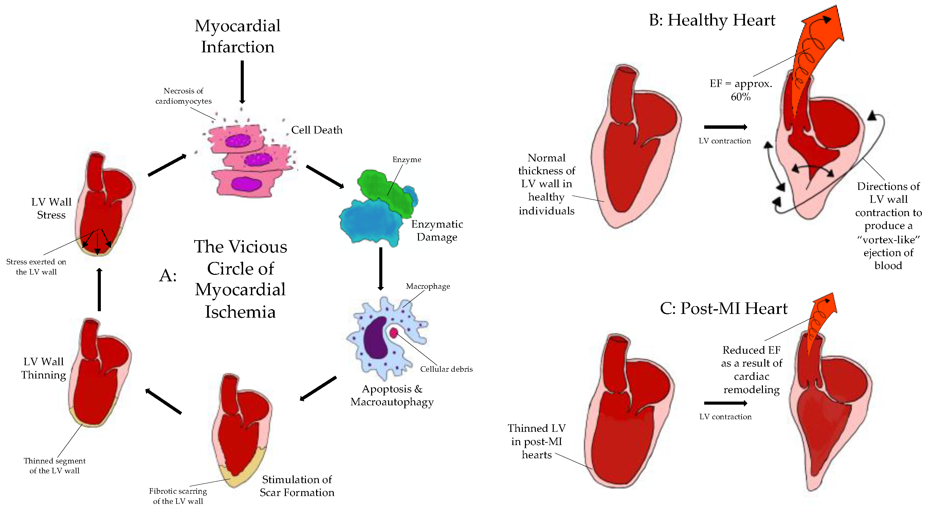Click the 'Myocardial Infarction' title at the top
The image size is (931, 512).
coord(237,36)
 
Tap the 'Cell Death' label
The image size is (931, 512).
coord(316,130)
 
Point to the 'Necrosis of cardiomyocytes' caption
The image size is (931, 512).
coord(183,96)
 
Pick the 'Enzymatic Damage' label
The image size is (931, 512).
coord(437,230)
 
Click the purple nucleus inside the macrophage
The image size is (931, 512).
coord(376,338)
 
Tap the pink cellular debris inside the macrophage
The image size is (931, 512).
coord(394,333)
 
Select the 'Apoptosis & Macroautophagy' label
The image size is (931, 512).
coord(392,395)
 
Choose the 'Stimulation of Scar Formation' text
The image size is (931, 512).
coord(297,485)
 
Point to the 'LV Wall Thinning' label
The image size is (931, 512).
coord(43,368)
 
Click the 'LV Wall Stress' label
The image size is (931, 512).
coord(51,208)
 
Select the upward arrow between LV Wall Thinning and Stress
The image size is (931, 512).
coord(99,289)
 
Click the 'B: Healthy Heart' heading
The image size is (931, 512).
coord(712,20)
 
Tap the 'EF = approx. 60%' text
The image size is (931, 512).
coord(741,90)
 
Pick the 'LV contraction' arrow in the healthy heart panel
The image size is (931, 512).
coord(725,127)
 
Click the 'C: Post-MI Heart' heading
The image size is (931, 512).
coord(723,308)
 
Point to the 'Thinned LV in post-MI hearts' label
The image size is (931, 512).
coord(536,441)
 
